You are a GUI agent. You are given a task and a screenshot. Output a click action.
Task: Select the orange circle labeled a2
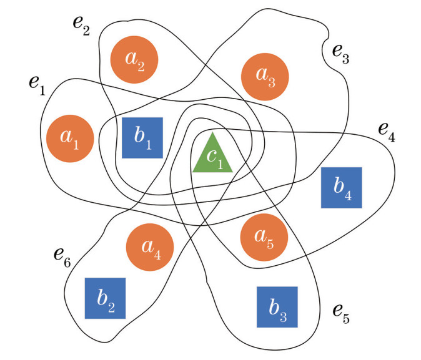[134, 61]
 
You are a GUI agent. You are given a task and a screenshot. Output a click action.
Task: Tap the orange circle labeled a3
[265, 75]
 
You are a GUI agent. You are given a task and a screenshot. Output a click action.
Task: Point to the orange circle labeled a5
[264, 238]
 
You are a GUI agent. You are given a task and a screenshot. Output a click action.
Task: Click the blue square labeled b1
[142, 138]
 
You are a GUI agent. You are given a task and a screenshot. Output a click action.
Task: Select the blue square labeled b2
[106, 298]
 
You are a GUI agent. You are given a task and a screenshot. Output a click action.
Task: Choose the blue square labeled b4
[341, 188]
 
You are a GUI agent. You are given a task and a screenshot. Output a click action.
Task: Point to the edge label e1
[37, 85]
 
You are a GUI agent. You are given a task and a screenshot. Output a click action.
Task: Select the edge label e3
[339, 56]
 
